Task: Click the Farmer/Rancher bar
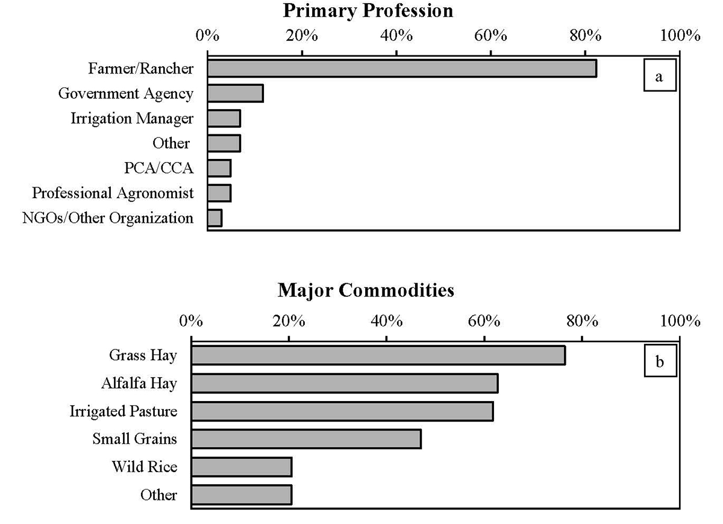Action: [x=402, y=69]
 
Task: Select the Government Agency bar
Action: [x=236, y=93]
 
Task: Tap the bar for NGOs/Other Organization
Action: [x=215, y=218]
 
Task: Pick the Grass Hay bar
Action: [x=378, y=355]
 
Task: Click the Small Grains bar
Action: [x=306, y=439]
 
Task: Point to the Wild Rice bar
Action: [x=242, y=467]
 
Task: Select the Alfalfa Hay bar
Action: [x=345, y=384]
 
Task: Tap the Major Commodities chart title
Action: [x=366, y=291]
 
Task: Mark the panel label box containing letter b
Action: [x=660, y=362]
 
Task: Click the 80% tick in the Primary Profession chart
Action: [x=585, y=35]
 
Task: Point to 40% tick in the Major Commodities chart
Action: [x=386, y=320]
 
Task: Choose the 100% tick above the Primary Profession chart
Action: [x=679, y=35]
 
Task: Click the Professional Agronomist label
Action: [x=113, y=193]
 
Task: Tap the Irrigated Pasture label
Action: [x=124, y=411]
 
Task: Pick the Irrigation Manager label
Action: [x=132, y=119]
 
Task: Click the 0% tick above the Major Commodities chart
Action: [x=191, y=320]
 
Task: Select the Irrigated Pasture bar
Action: [x=342, y=411]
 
